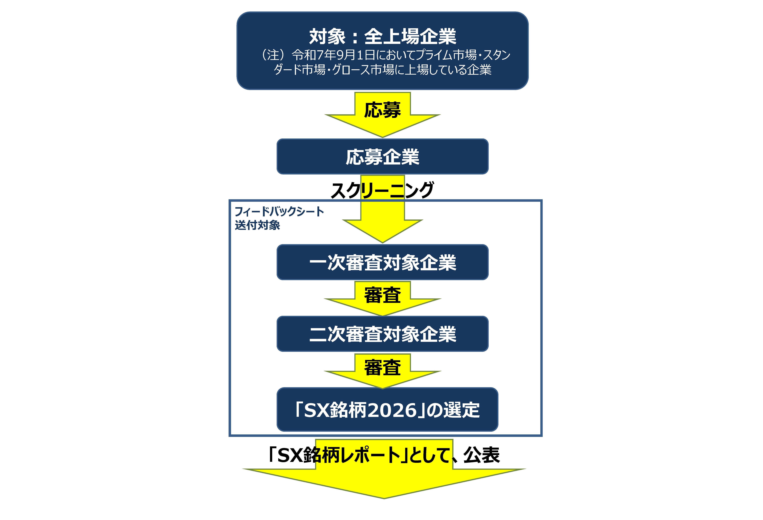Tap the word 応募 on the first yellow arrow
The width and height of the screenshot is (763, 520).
click(x=382, y=110)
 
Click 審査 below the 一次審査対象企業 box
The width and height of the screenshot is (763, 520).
click(x=382, y=295)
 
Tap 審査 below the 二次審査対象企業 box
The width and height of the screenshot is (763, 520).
click(x=382, y=367)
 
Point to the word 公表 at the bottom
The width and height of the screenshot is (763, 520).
click(x=482, y=455)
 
